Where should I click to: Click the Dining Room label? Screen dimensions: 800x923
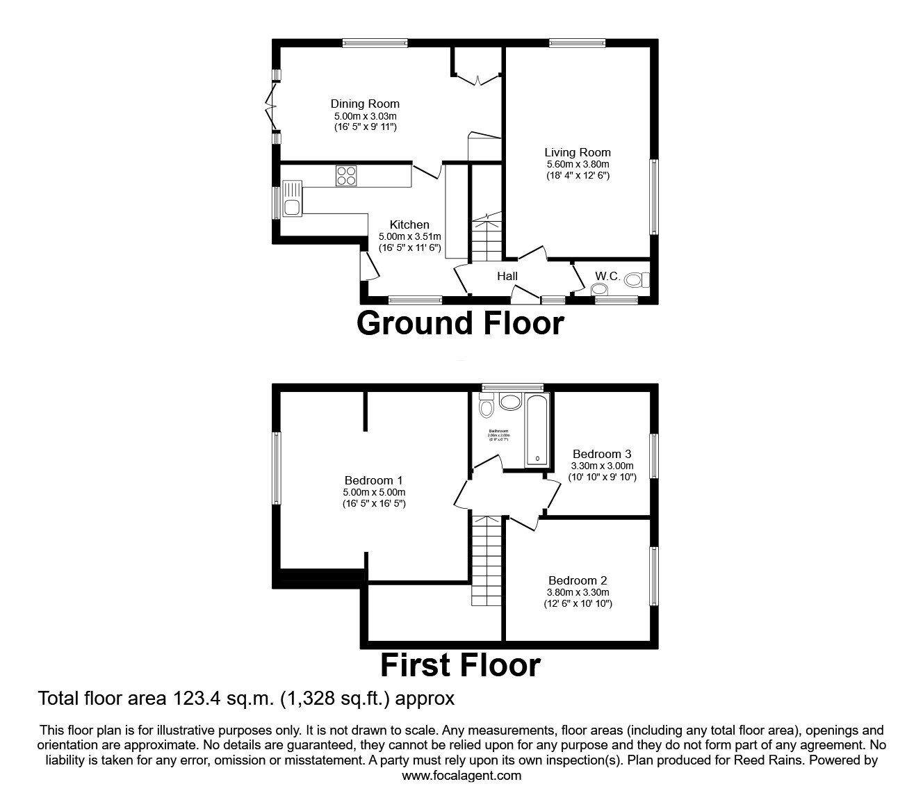(x=365, y=104)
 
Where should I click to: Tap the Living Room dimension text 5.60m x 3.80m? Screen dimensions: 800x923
(x=577, y=164)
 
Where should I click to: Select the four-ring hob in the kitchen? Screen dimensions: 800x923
(x=346, y=176)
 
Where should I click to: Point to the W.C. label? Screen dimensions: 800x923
(x=607, y=277)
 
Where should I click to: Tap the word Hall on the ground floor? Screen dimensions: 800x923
(x=507, y=277)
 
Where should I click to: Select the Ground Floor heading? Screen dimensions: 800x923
(x=460, y=323)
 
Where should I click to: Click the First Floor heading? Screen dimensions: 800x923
(x=460, y=665)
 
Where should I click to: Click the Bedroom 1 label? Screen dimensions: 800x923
(x=373, y=480)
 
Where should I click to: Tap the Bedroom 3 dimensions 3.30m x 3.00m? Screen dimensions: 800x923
(x=602, y=466)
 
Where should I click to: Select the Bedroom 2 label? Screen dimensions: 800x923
(x=578, y=580)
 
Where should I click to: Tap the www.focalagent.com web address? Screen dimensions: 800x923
(x=461, y=776)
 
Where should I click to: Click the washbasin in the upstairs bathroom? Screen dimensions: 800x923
(x=511, y=402)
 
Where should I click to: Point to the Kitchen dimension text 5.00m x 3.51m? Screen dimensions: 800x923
(x=409, y=236)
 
